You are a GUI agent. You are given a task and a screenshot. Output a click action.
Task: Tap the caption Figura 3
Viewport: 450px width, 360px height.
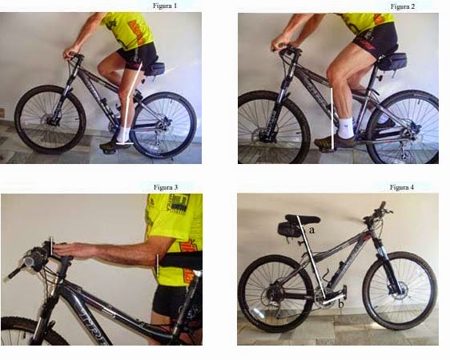click(x=165, y=187)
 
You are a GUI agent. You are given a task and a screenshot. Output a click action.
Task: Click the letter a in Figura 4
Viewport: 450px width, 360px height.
click(x=311, y=230)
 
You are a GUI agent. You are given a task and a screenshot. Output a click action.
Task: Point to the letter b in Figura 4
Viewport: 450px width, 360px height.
click(x=342, y=303)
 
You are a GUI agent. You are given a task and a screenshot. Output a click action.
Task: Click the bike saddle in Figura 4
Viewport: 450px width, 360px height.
click(x=299, y=218)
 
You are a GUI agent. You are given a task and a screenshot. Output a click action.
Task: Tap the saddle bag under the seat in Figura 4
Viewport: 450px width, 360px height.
click(x=285, y=230)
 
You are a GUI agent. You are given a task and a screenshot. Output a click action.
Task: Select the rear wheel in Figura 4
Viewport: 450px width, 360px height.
click(x=277, y=293)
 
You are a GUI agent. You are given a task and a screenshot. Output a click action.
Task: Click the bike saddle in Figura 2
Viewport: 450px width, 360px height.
click(x=392, y=60)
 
